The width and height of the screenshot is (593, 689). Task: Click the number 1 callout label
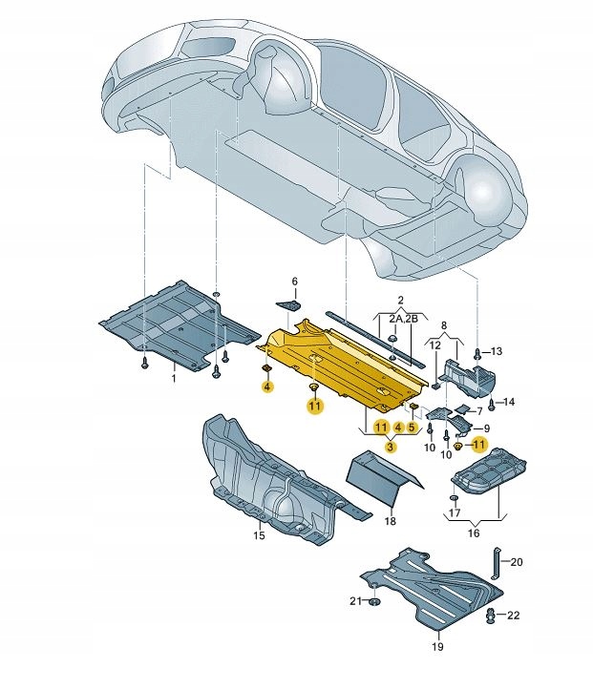click(x=174, y=379)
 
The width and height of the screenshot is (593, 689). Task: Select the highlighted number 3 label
click(x=389, y=447)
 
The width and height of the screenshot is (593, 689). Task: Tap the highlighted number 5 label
click(x=412, y=428)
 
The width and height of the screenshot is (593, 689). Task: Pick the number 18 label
click(x=390, y=521)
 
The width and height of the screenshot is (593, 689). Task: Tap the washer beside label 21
click(x=372, y=602)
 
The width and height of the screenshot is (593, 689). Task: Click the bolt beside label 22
click(x=491, y=616)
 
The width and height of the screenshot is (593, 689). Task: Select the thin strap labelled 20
click(x=496, y=563)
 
